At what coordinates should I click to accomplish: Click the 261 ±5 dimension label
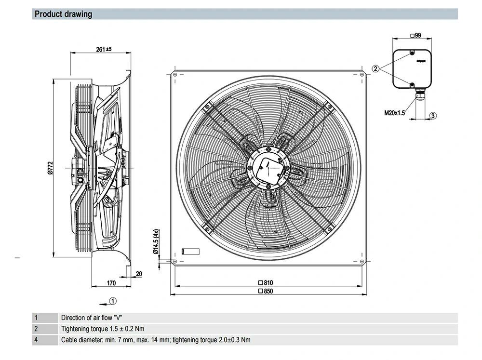104,49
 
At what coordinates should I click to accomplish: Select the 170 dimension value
111,283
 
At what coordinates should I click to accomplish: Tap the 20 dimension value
139,274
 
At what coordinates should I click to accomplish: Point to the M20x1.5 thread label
395,113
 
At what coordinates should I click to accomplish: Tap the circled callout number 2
375,68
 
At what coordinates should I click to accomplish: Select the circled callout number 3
433,116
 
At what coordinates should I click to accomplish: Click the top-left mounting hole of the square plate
174,74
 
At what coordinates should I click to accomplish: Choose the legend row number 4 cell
36,340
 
